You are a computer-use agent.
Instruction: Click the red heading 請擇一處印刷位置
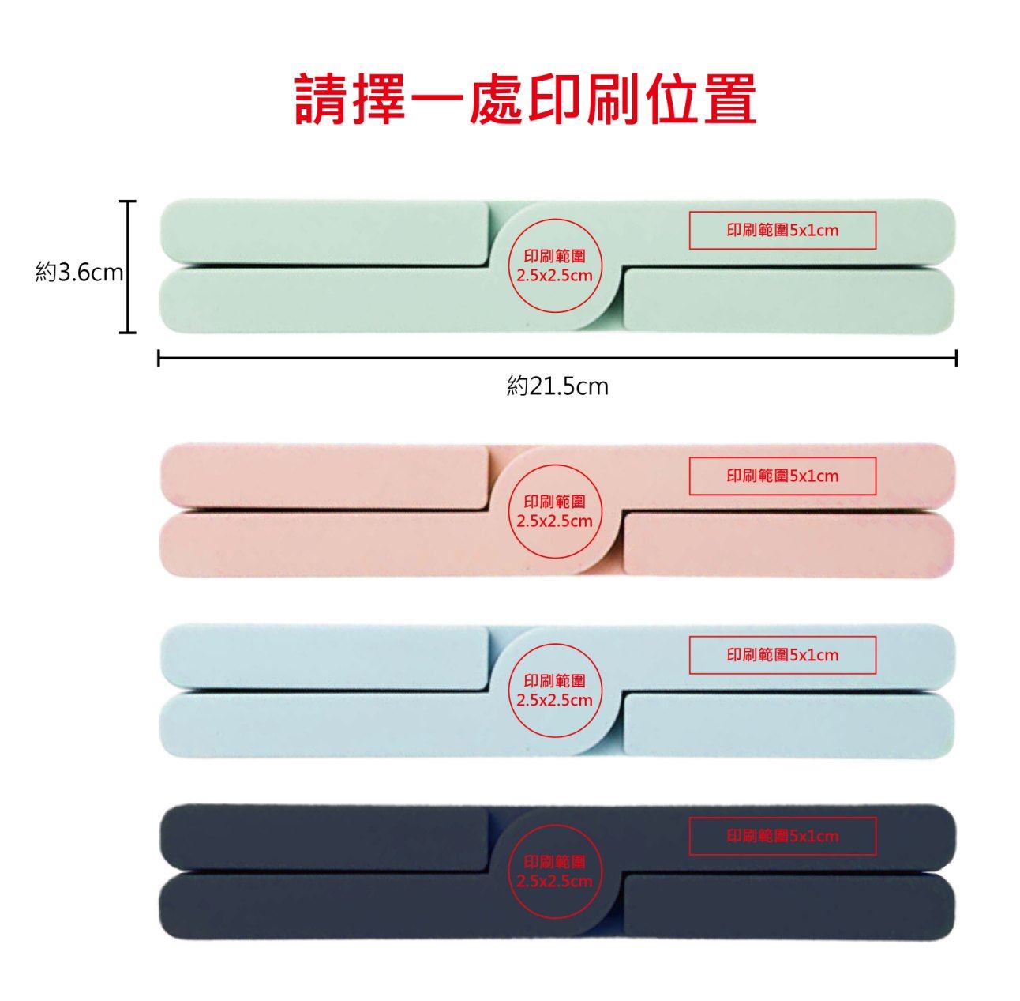(526, 100)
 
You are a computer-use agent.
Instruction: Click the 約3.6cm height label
(80, 273)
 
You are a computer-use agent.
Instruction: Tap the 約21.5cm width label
(557, 386)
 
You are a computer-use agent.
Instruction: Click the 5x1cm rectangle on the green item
(782, 231)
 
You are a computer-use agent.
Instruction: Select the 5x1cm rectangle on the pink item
(782, 476)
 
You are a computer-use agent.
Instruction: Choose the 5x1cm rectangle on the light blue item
(782, 655)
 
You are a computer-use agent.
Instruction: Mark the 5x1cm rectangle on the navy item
(782, 836)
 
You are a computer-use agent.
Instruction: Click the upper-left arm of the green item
(324, 231)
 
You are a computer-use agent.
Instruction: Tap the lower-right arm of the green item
(789, 300)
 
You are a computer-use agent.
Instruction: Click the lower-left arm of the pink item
(332, 545)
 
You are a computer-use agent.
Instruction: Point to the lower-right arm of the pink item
(789, 545)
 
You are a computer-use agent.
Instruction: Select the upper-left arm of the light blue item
(324, 656)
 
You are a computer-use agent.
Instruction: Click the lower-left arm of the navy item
(332, 905)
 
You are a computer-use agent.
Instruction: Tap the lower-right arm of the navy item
(789, 905)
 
